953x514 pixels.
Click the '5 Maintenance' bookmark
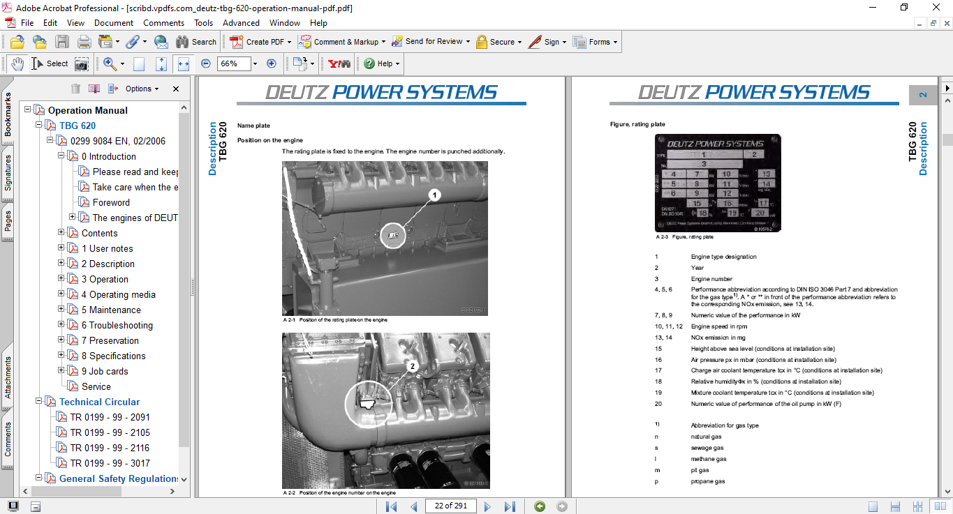111,310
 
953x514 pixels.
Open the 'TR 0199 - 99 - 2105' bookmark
110,432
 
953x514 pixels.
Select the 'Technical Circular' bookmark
99,402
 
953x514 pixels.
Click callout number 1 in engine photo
435,196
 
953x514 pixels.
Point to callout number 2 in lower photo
412,365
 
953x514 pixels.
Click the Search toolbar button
196,42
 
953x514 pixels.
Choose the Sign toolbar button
546,42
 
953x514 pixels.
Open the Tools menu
204,23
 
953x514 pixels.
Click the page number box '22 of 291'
451,506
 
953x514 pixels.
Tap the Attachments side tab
8,377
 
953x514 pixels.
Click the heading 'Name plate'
253,126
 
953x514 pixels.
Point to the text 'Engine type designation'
723,257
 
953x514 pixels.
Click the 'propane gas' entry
708,481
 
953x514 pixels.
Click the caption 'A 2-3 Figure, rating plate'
684,237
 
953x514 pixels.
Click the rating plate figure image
718,183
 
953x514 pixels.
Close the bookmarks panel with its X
176,89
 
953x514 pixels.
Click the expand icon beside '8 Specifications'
61,356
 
